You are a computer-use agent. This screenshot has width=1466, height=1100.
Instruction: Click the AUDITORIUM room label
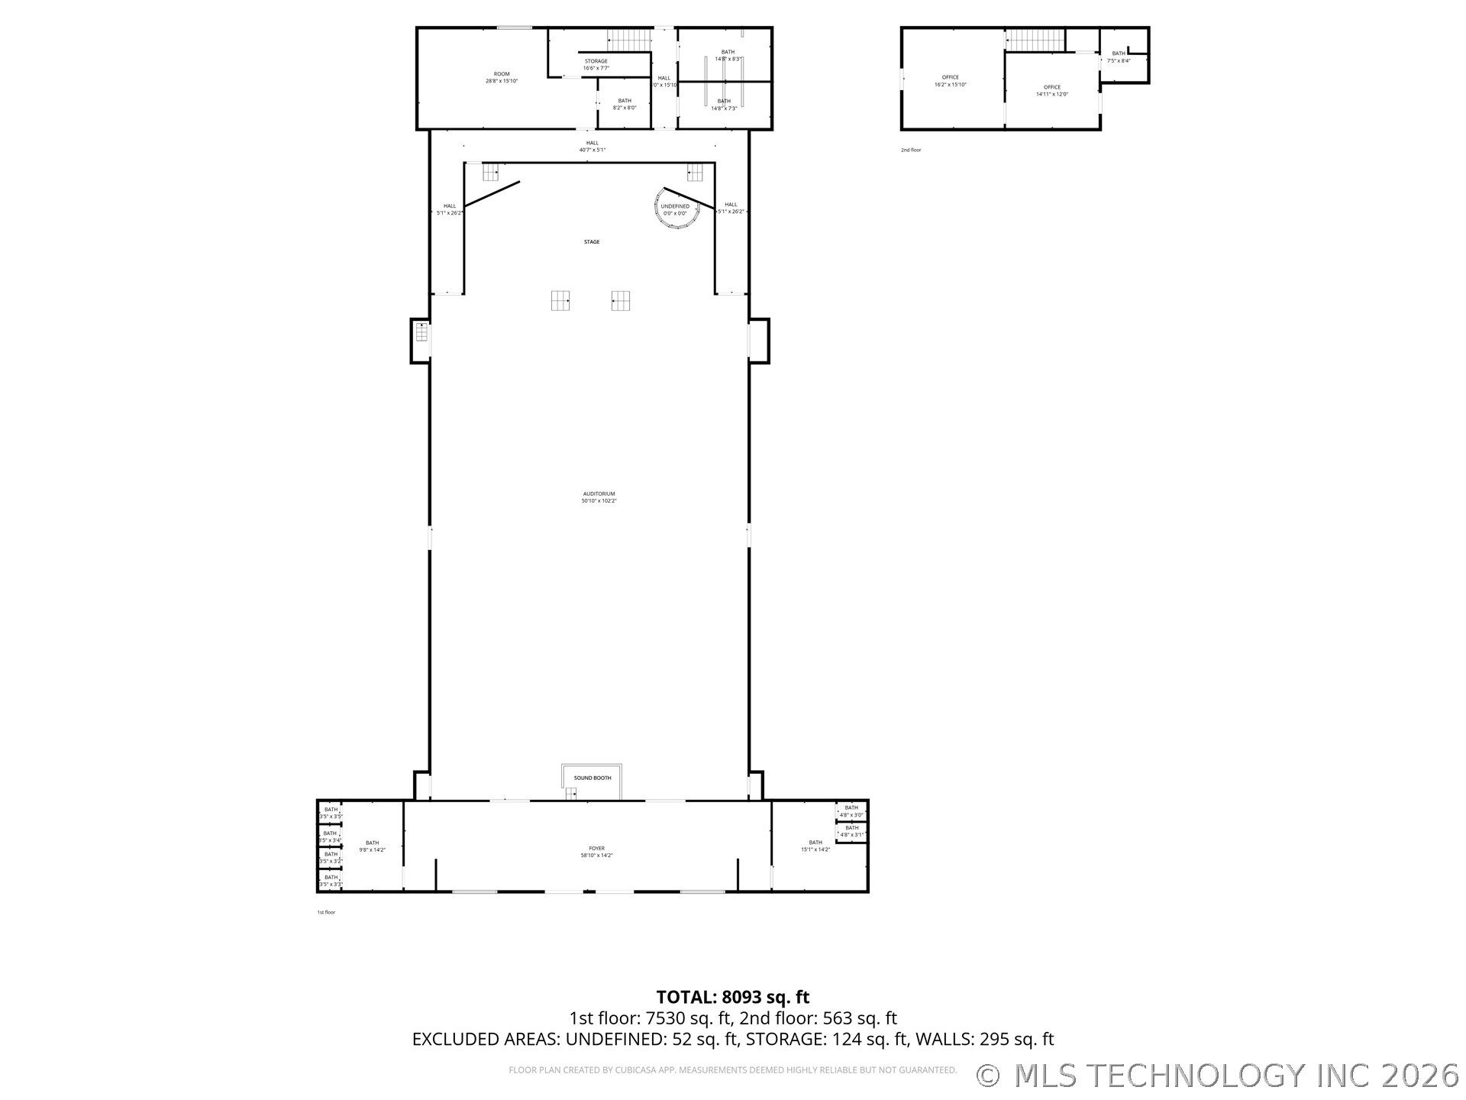coord(599,497)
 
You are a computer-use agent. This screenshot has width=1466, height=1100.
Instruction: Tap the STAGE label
coord(592,242)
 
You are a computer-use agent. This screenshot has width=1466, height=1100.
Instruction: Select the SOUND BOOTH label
coord(593,778)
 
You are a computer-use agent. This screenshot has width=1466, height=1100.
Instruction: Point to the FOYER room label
coord(596,852)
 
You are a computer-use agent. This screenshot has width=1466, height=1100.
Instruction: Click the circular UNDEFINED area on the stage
coord(676,209)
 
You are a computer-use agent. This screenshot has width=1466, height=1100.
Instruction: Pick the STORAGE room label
coord(596,64)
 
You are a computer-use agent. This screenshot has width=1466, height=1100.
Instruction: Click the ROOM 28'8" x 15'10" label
coord(502,77)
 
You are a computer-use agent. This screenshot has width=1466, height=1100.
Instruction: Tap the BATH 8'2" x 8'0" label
coord(625,104)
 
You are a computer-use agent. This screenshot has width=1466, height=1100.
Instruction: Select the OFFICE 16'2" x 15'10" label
coord(950,81)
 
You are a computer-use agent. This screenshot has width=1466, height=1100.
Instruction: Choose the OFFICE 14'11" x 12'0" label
coord(1052,91)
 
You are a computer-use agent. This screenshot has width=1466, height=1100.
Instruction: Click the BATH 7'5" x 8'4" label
coord(1119,57)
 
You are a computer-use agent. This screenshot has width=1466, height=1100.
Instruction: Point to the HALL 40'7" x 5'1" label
coord(593,146)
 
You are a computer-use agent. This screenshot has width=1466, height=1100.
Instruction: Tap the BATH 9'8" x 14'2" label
coord(372,846)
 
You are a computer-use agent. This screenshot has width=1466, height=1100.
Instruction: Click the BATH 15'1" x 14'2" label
coord(815,846)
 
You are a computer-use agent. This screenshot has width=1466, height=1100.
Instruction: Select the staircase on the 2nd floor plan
coord(1035,40)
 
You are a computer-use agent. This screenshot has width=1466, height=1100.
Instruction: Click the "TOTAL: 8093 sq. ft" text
coord(733,997)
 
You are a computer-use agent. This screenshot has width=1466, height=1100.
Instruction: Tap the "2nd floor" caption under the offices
coord(911,150)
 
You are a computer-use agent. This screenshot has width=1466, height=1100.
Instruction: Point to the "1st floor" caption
coord(326,912)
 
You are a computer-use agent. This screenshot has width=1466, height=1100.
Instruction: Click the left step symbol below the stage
coord(560,300)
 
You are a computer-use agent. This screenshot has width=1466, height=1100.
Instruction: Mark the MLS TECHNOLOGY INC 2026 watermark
coord(1219,1076)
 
